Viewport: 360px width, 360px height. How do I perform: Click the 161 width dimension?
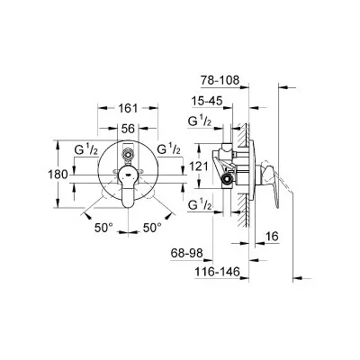pyautogui.click(x=128, y=108)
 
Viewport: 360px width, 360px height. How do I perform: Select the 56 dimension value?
pyautogui.click(x=128, y=129)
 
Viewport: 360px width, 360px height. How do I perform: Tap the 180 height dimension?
pyautogui.click(x=58, y=174)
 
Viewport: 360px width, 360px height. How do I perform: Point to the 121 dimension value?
pyautogui.click(x=198, y=166)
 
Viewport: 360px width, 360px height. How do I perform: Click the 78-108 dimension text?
pyautogui.click(x=220, y=80)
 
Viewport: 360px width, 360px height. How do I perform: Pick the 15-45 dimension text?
pyautogui.click(x=208, y=101)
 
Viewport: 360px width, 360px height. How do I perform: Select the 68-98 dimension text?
pyautogui.click(x=187, y=253)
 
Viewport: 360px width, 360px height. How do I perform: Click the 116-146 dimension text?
pyautogui.click(x=218, y=272)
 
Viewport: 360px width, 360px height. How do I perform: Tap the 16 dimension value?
pyautogui.click(x=273, y=237)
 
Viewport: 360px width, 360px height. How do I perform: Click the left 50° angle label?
pyautogui.click(x=103, y=228)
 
